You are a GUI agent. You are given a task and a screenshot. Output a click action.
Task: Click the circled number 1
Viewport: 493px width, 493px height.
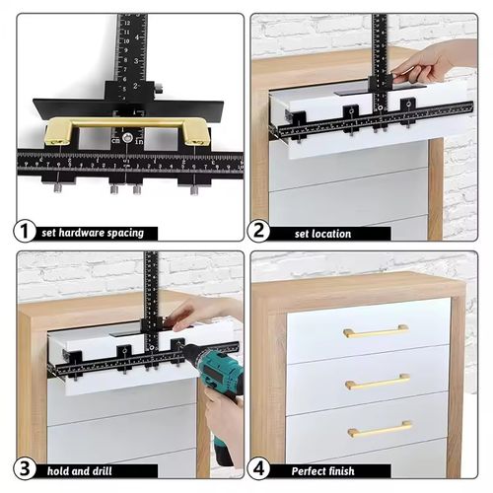(x=25, y=233)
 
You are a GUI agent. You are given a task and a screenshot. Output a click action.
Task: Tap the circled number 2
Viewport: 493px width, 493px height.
(x=260, y=233)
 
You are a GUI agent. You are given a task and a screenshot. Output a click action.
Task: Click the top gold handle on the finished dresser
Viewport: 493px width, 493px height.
(x=376, y=332)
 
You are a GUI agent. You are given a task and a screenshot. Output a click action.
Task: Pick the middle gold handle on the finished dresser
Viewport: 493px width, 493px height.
(x=378, y=381)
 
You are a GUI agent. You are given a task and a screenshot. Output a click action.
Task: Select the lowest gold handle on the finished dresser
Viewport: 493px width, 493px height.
(x=380, y=429)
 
